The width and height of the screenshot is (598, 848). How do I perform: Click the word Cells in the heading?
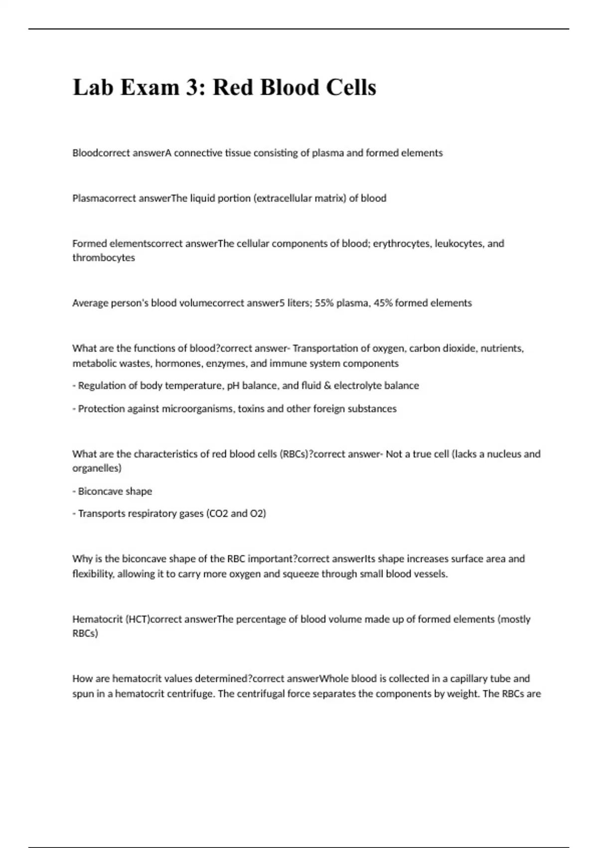pos(351,88)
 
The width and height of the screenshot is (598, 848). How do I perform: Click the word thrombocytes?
pos(104,258)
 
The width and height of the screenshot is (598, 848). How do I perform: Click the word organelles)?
pos(97,468)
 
